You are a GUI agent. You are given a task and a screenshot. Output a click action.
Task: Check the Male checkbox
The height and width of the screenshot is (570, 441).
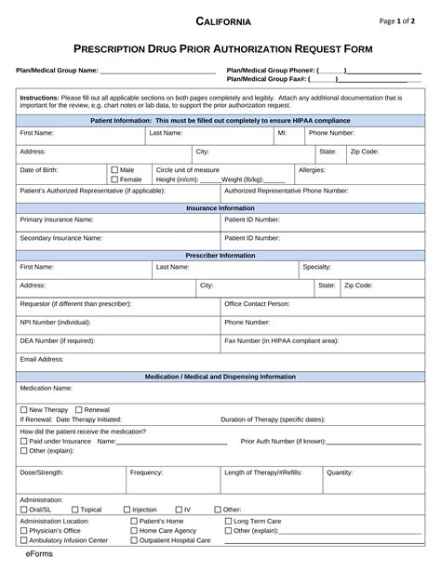point(114,170)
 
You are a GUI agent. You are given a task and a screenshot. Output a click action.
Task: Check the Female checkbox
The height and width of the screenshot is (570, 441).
point(114,179)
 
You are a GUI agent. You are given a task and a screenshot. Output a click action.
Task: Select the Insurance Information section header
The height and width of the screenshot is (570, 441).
point(220,208)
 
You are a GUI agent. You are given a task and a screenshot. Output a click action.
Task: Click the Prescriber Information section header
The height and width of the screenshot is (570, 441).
point(220,255)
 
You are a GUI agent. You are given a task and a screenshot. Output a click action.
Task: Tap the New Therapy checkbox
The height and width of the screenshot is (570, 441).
point(24,409)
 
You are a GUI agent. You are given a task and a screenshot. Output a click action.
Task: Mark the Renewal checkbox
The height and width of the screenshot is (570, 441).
point(79,409)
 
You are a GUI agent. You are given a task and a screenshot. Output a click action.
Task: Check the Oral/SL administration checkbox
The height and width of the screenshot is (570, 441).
point(24,510)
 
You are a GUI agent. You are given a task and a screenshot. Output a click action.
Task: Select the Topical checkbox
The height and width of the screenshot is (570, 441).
point(75,510)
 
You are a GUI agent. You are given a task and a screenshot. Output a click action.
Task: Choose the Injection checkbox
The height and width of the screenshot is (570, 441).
point(127,510)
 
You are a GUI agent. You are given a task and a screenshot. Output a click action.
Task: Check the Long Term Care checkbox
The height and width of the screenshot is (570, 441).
point(229,522)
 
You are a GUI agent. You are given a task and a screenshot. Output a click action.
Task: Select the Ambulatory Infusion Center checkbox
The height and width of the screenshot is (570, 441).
point(24,540)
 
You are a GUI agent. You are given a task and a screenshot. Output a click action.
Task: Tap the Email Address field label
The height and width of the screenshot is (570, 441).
point(42,358)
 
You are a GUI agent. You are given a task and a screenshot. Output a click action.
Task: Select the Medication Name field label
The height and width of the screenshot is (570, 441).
point(47,388)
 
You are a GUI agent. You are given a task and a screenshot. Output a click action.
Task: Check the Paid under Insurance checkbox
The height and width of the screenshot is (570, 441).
point(24,441)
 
